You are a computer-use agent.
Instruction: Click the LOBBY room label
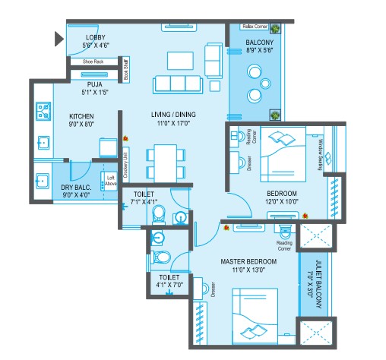(x=95, y=37)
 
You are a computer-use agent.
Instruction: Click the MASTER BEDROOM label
(x=248, y=262)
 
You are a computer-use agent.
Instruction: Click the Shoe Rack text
(x=93, y=62)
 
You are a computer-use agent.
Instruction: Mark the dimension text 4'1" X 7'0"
(x=169, y=286)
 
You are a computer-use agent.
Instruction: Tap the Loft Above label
(x=111, y=177)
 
